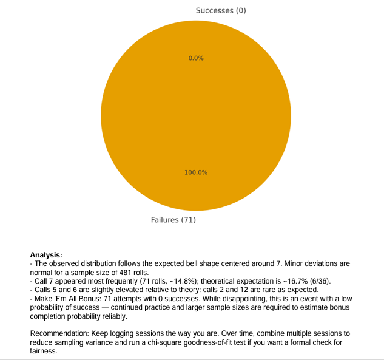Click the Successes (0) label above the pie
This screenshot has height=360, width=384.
click(221, 11)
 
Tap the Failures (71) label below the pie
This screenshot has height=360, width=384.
click(173, 220)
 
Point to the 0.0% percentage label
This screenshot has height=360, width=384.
click(196, 58)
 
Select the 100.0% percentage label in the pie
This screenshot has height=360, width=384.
click(196, 172)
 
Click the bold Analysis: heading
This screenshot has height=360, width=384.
click(46, 255)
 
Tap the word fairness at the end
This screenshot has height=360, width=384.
click(44, 352)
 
